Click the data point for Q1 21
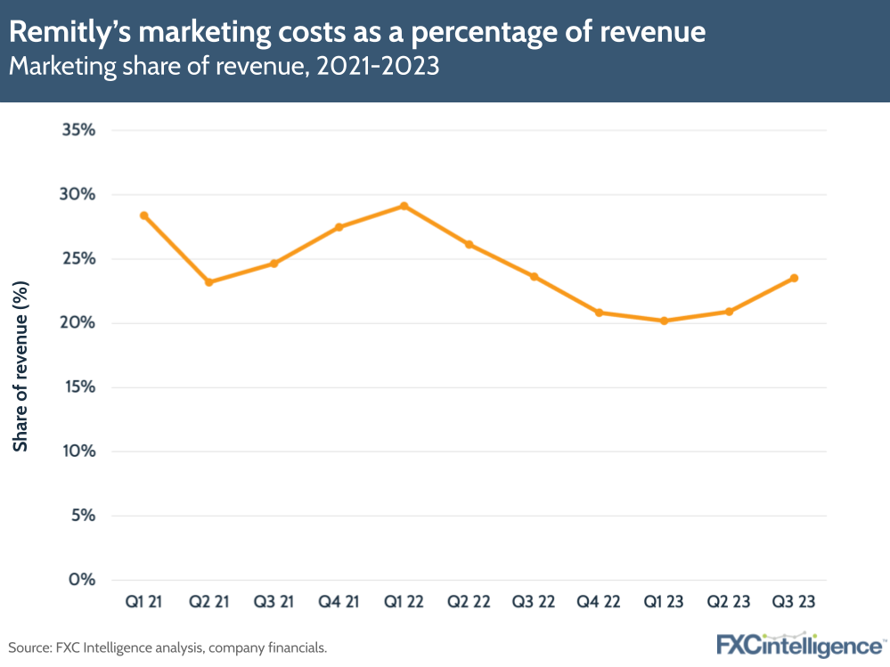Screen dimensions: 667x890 [143, 216]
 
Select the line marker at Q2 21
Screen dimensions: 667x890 [208, 282]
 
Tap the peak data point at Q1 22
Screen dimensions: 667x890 [404, 206]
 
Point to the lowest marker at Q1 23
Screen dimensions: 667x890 [664, 321]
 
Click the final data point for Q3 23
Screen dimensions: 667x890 [794, 278]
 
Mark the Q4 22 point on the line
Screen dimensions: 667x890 [599, 313]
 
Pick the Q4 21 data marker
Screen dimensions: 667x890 [339, 227]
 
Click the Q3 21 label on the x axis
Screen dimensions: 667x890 [274, 603]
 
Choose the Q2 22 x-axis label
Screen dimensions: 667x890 [469, 603]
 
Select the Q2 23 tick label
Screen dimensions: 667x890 [729, 603]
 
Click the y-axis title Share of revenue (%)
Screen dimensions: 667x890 [21, 365]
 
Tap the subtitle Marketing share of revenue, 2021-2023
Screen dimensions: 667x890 [225, 68]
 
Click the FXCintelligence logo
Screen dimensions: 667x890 [798, 645]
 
